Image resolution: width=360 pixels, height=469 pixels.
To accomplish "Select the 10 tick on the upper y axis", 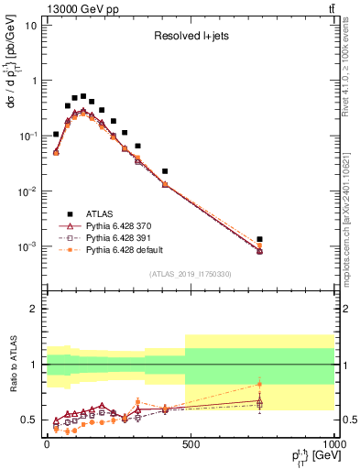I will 30,26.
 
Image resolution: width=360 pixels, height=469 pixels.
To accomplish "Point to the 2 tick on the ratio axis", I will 32,309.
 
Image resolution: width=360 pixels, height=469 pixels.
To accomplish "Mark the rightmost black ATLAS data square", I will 260,239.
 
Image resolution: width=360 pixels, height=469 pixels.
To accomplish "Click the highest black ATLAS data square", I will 83,96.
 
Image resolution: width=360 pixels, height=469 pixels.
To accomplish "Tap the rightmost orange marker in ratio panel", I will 260,384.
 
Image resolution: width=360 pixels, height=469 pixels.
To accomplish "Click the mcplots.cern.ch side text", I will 352,220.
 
